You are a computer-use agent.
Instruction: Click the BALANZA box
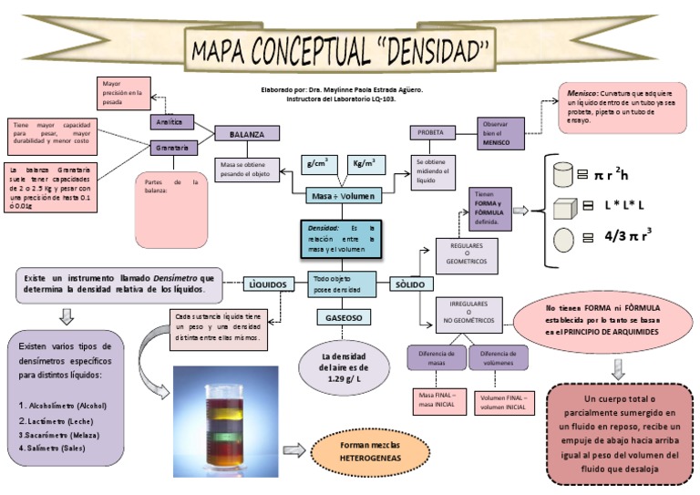(246, 134)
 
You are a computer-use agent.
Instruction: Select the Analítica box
(172, 121)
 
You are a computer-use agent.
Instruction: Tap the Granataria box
(173, 147)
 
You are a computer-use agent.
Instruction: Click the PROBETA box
(430, 132)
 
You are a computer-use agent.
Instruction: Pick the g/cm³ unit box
(319, 164)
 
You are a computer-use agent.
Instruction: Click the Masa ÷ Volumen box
(337, 195)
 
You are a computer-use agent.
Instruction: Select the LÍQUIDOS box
(268, 284)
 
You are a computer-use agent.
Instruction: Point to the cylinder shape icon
(563, 172)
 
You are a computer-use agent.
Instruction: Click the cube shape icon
(565, 208)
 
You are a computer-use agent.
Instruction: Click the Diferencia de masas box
(435, 357)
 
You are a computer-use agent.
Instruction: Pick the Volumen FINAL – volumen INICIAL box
(502, 402)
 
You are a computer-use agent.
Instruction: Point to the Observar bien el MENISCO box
(499, 133)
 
